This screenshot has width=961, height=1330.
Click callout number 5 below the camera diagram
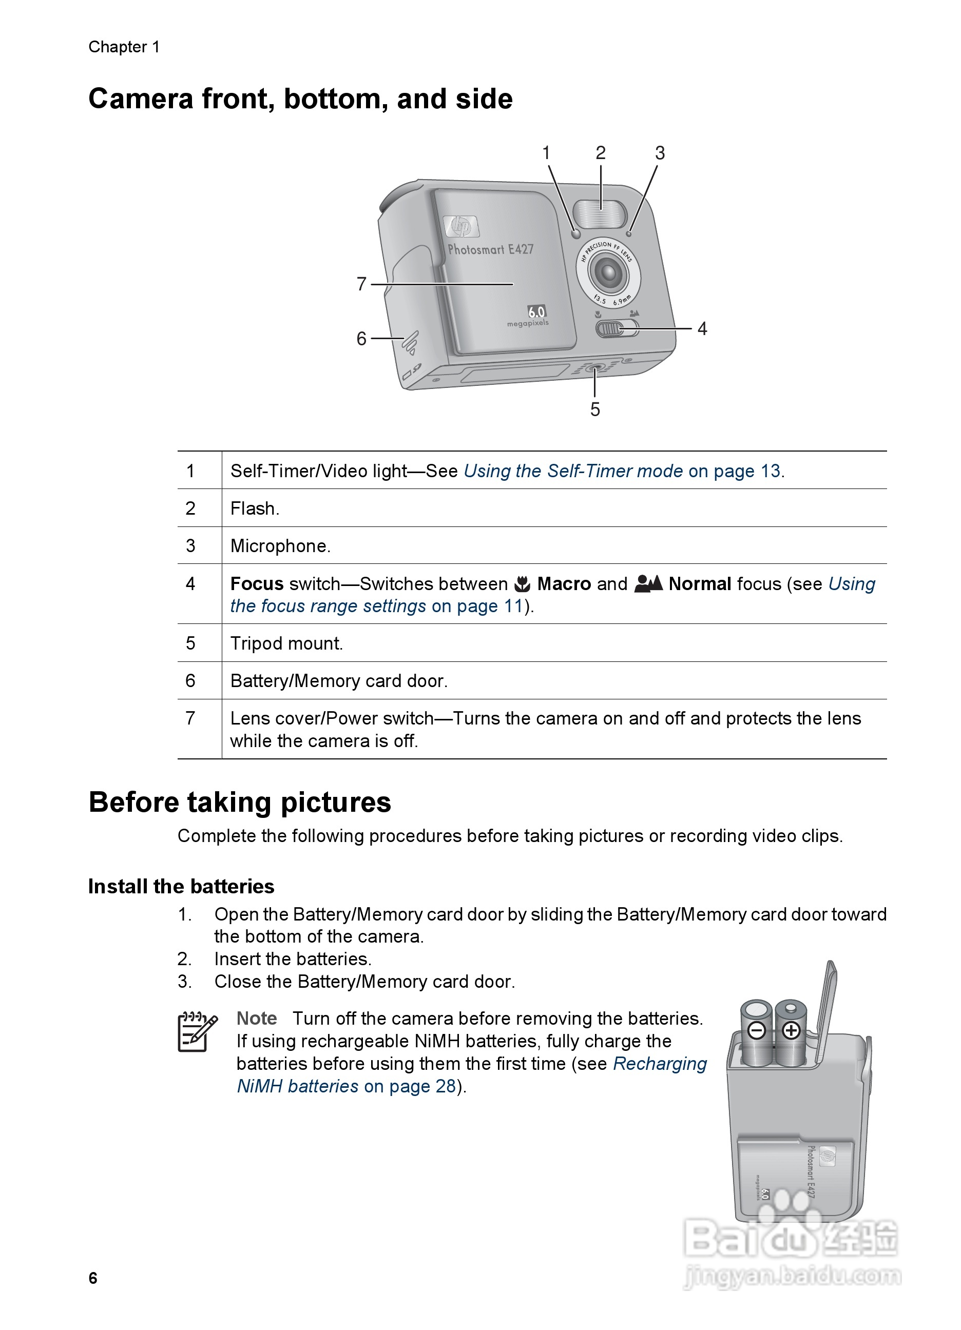tap(595, 409)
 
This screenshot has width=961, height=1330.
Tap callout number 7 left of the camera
tap(361, 284)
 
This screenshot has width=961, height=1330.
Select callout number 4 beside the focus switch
tap(702, 329)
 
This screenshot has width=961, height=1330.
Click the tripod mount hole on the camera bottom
tap(595, 369)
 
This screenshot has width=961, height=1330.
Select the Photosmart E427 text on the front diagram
tap(490, 250)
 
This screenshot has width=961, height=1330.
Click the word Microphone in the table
tap(280, 546)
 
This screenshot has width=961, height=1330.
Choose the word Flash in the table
tap(255, 508)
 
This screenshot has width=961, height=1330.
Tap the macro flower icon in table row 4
tap(522, 584)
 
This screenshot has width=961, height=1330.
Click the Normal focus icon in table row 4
tap(648, 583)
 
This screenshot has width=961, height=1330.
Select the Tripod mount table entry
tap(286, 643)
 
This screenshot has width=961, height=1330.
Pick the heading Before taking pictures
tap(239, 802)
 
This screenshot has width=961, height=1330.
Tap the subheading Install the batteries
tap(181, 886)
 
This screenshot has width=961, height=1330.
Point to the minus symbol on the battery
tap(757, 1030)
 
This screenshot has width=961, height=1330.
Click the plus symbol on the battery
tap(792, 1030)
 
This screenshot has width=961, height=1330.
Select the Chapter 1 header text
tap(124, 47)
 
